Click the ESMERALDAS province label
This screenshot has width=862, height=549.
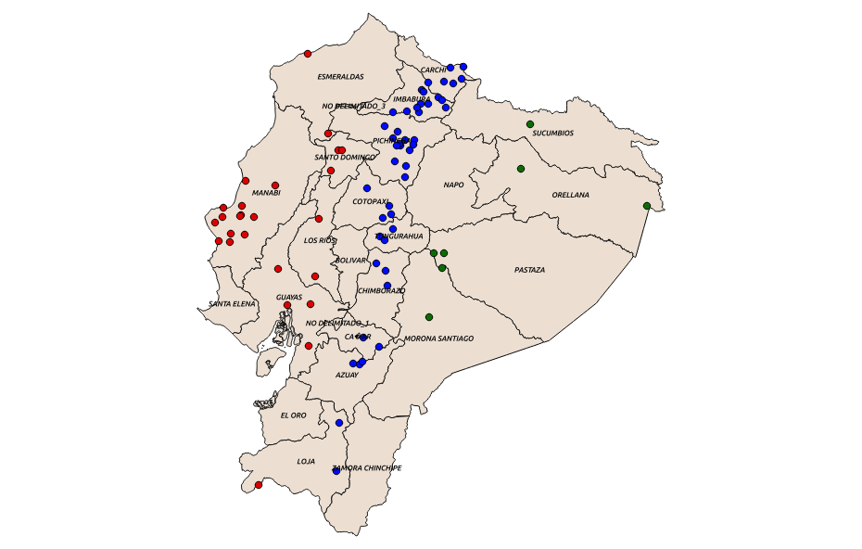point(340,77)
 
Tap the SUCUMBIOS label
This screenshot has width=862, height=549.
point(552,134)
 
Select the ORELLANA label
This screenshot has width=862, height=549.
point(570,196)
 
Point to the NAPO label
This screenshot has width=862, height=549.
point(453,185)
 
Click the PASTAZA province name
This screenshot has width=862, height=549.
point(529,271)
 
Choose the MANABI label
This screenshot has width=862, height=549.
point(266,193)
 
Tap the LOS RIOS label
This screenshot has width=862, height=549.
point(321,240)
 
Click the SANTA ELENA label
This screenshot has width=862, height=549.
point(232,304)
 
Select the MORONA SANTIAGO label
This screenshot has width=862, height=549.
point(438,339)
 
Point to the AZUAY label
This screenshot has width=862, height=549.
point(347,376)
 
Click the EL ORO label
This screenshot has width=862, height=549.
point(293,415)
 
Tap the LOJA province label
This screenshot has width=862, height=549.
point(306,462)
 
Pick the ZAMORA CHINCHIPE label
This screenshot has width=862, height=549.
point(367,468)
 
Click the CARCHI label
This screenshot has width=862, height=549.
point(434,70)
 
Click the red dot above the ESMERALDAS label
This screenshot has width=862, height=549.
point(308,54)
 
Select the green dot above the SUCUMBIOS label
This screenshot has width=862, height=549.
point(530,124)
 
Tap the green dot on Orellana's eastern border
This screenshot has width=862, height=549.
point(647,206)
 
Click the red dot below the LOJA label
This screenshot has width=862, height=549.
point(259,485)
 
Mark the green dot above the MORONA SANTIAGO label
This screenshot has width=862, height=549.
point(429,317)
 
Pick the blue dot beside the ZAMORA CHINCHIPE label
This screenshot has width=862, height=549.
point(336,471)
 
